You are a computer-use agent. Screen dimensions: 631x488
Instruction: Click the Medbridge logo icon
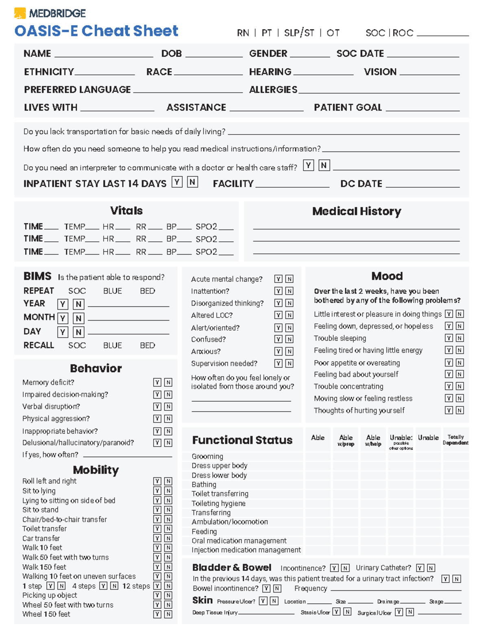tap(20, 13)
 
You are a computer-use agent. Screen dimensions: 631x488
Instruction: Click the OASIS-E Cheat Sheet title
tap(96, 31)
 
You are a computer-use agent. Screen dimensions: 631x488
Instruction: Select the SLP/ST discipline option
tap(299, 33)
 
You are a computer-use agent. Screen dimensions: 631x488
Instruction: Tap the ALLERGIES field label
tap(273, 90)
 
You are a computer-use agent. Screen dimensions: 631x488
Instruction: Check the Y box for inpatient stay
tap(177, 182)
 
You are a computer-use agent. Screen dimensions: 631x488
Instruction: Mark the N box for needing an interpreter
tap(324, 165)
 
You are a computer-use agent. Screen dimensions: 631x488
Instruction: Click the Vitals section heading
tap(126, 210)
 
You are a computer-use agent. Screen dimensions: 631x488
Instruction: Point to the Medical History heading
tap(356, 211)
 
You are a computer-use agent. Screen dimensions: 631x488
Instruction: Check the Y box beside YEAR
tap(63, 304)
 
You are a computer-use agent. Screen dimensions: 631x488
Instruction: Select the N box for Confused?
tap(289, 339)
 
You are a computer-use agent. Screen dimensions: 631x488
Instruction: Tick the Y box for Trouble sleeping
tap(449, 338)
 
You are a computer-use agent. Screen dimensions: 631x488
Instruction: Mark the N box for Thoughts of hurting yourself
tap(460, 410)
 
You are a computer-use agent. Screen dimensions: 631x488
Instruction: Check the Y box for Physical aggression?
tap(157, 418)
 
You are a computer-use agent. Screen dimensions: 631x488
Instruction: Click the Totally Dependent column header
tap(455, 440)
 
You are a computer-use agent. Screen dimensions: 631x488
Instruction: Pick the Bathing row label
tap(204, 484)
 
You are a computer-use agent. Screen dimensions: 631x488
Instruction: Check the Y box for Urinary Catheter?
tap(420, 568)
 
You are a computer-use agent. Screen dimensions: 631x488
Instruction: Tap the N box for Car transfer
tap(168, 538)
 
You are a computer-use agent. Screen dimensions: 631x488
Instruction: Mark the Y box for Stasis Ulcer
tap(336, 612)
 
